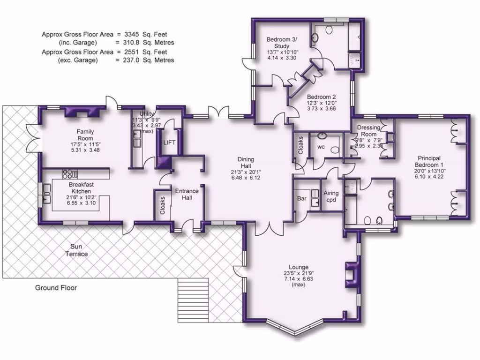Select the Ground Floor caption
(x=56, y=287)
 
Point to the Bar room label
(x=302, y=199)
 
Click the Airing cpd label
(x=331, y=196)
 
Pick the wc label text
(x=321, y=147)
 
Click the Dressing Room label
(x=368, y=131)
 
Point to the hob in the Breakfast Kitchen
(x=69, y=174)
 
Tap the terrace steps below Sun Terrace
(x=193, y=299)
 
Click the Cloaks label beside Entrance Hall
(x=162, y=205)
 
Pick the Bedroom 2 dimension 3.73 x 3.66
(x=322, y=108)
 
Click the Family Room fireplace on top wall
(x=75, y=112)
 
